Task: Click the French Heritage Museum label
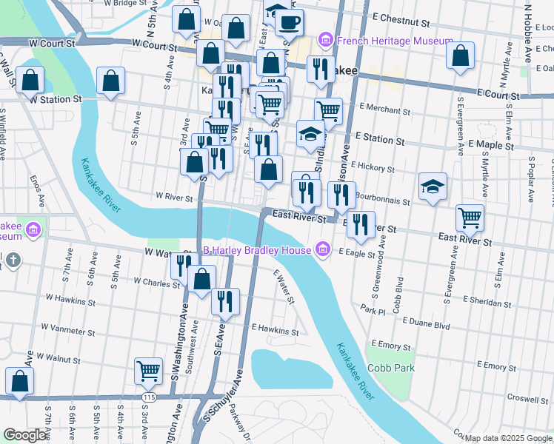(x=395, y=40)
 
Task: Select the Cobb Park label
(x=391, y=368)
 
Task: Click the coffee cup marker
(x=290, y=21)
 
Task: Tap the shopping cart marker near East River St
(x=470, y=218)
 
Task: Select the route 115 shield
(x=150, y=397)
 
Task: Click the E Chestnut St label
(x=401, y=15)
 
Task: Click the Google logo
(x=25, y=435)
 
